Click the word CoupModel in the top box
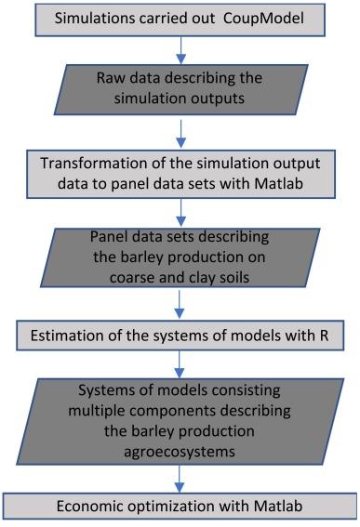263,19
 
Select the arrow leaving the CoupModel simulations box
181,50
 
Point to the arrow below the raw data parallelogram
181,134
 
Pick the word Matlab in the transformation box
278,184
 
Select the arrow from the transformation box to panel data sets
181,213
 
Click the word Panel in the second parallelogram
107,237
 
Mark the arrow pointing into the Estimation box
180,304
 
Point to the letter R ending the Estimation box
324,336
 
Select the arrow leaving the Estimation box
180,364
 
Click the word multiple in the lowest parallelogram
95,411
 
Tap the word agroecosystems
180,452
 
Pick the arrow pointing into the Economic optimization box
180,479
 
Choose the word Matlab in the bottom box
278,507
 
